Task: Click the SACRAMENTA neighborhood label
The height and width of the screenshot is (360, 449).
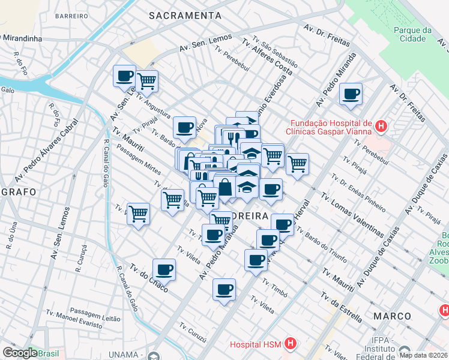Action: pyautogui.click(x=185, y=15)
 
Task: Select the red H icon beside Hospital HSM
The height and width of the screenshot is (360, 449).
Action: pyautogui.click(x=291, y=344)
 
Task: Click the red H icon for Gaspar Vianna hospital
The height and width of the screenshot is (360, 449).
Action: pyautogui.click(x=381, y=127)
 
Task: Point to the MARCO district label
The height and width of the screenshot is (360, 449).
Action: pyautogui.click(x=392, y=316)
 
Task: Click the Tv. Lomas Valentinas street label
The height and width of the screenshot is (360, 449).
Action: pyautogui.click(x=352, y=214)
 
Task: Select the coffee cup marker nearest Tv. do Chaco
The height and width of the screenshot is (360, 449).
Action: pyautogui.click(x=164, y=269)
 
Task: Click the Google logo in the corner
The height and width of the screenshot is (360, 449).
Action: pyautogui.click(x=19, y=353)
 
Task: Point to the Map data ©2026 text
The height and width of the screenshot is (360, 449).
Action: pyautogui.click(x=424, y=355)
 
